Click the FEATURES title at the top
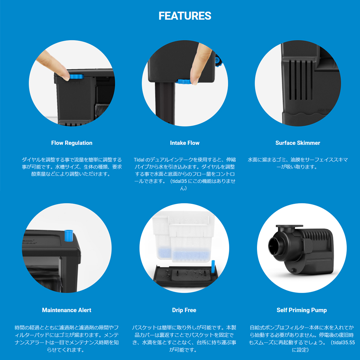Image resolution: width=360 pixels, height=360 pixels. (x=185, y=16)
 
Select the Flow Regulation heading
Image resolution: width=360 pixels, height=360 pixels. (x=72, y=143)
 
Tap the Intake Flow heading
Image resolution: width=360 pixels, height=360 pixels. (x=185, y=143)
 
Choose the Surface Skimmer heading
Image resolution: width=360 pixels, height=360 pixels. (x=298, y=143)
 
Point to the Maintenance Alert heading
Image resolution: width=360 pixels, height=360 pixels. (x=67, y=310)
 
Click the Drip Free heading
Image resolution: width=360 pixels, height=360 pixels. (x=184, y=310)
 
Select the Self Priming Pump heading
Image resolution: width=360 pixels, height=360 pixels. (x=302, y=310)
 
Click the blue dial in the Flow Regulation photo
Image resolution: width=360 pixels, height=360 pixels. (x=76, y=77)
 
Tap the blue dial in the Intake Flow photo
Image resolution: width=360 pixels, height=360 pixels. (x=184, y=81)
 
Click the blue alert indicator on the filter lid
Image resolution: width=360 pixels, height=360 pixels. (x=69, y=235)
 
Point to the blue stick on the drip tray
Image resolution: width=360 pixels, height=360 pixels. (x=213, y=267)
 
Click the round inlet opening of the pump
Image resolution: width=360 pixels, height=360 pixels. (x=275, y=246)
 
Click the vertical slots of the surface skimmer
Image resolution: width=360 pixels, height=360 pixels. (x=301, y=80)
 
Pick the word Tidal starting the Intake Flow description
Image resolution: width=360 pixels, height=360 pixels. (x=139, y=160)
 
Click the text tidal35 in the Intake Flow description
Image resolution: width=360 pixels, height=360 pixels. (x=179, y=181)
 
